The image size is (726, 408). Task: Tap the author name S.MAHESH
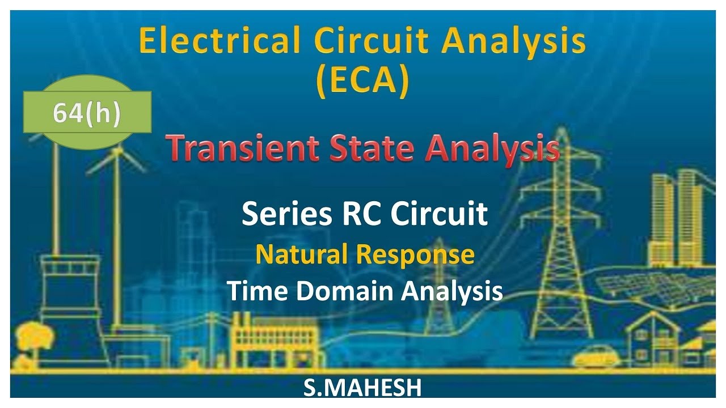pyautogui.click(x=363, y=389)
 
